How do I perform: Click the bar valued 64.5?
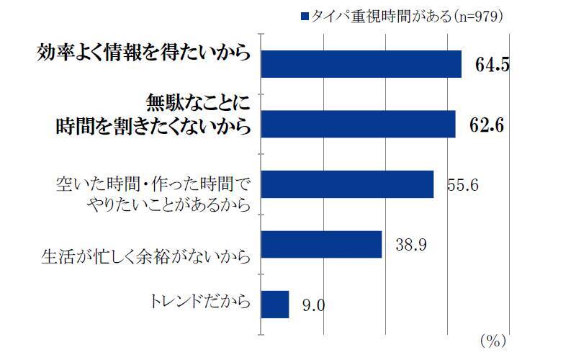point(360,63)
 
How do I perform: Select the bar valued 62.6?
point(357,124)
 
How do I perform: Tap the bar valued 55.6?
point(346,184)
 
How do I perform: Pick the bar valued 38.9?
point(320,244)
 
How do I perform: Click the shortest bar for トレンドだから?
point(274,305)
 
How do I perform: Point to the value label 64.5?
point(492,65)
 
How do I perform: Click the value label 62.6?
point(486,125)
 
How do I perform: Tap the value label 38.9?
point(412,246)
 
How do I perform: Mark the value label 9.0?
point(313,306)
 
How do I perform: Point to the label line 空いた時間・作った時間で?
point(153,182)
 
